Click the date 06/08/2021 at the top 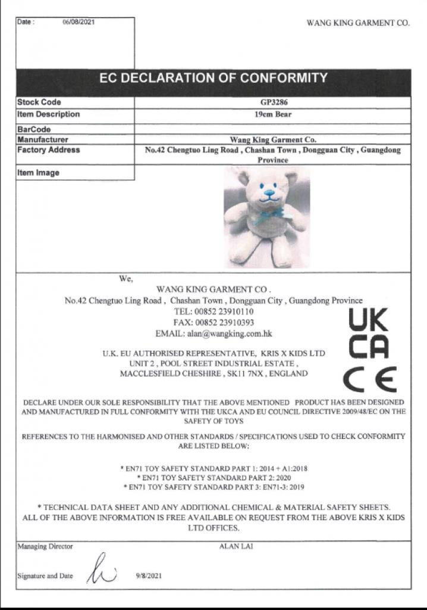[79, 22]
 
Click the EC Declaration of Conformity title [213, 78]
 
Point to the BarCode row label [34, 129]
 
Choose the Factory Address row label [48, 150]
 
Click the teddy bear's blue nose [269, 193]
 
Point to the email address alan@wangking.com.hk [213, 334]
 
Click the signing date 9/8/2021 [149, 575]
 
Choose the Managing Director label [45, 546]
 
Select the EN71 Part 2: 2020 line [213, 478]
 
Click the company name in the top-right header [358, 23]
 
